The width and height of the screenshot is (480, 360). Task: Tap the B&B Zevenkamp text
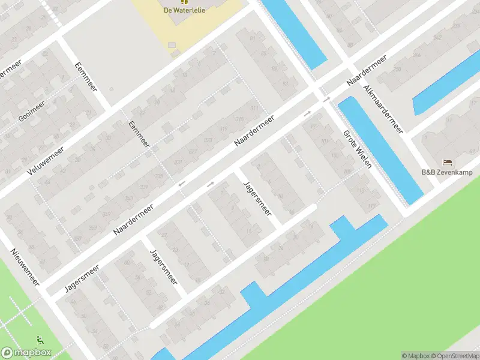point(446,173)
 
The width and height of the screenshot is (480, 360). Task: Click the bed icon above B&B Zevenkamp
point(447,163)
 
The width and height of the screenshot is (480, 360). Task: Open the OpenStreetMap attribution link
point(455,356)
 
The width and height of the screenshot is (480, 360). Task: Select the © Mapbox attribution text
point(416,356)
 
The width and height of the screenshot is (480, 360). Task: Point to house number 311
point(255,108)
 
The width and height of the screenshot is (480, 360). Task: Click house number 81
point(253,39)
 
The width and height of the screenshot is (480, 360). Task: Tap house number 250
point(397,69)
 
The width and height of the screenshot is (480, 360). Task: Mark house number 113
point(361,191)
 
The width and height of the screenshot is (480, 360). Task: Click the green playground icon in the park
point(40,340)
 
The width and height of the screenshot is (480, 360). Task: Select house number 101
point(325,142)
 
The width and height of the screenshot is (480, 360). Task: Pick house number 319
point(223,130)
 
